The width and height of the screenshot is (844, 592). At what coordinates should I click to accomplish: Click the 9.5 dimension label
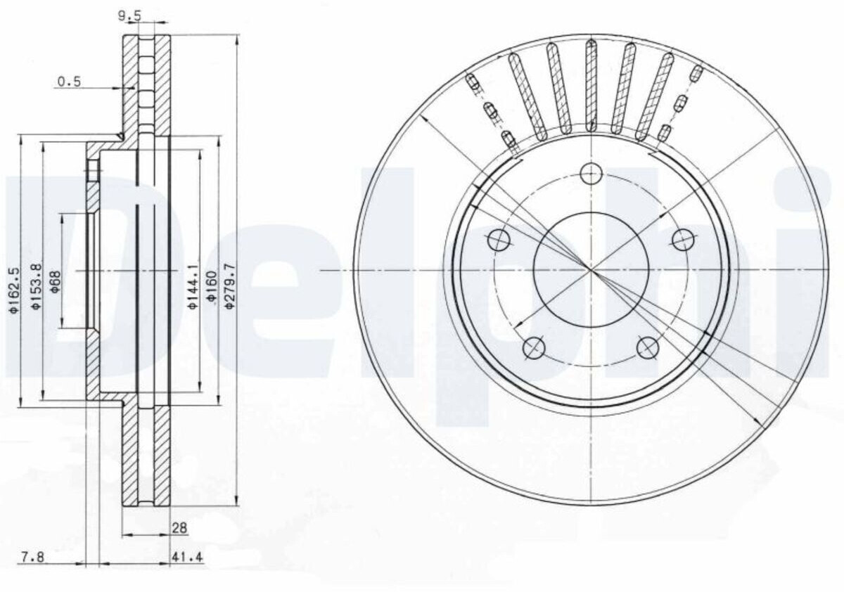pos(129,15)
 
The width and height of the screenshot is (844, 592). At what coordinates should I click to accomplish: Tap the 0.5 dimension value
pos(69,82)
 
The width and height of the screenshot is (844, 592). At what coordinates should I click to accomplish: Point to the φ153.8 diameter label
pos(37,287)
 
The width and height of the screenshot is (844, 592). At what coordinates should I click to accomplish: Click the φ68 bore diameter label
pos(56,281)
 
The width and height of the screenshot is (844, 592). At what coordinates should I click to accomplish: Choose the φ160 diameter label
pos(212,287)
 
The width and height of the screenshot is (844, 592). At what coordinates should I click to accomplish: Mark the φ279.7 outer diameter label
pos(230,287)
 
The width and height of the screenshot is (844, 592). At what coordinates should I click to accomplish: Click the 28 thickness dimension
pos(179,528)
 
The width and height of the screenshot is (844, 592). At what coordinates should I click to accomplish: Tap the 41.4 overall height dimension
pos(188,557)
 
